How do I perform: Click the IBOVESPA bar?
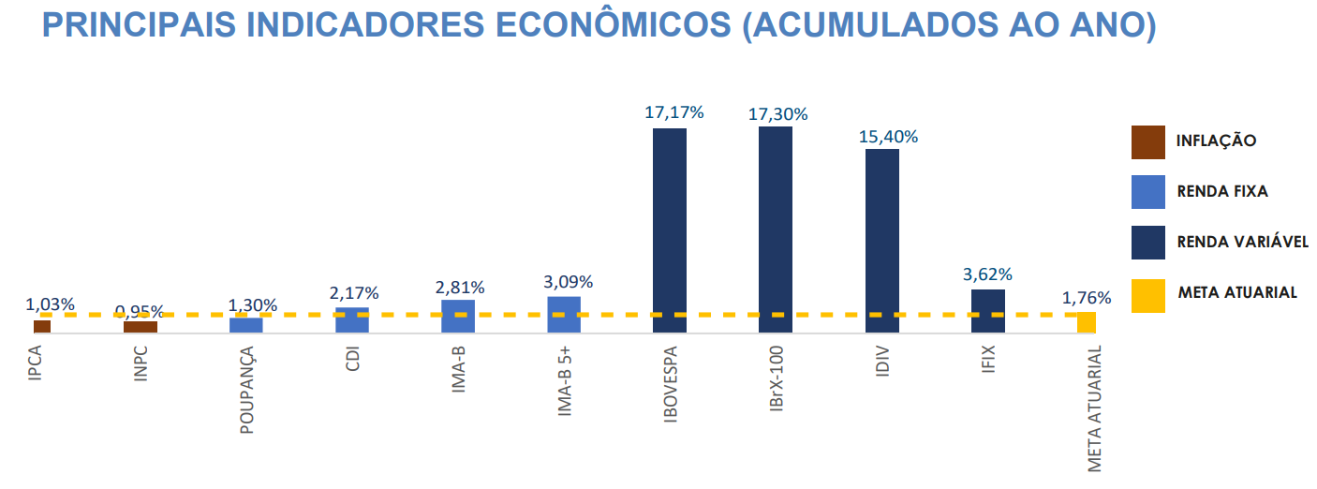(670, 230)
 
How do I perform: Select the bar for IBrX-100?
(776, 230)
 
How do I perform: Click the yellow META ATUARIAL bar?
(1087, 323)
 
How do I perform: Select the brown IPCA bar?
(42, 326)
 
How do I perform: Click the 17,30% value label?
(777, 114)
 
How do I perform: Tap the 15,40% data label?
(888, 137)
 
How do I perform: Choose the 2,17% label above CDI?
(354, 293)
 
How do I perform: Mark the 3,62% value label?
(987, 275)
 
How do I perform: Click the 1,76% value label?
(1087, 299)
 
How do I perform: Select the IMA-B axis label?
(459, 371)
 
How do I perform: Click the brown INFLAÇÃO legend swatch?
(1148, 141)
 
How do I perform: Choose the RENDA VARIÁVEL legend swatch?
(1148, 242)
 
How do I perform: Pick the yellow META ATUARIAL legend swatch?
(1148, 292)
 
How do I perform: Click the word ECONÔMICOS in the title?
(613, 25)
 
